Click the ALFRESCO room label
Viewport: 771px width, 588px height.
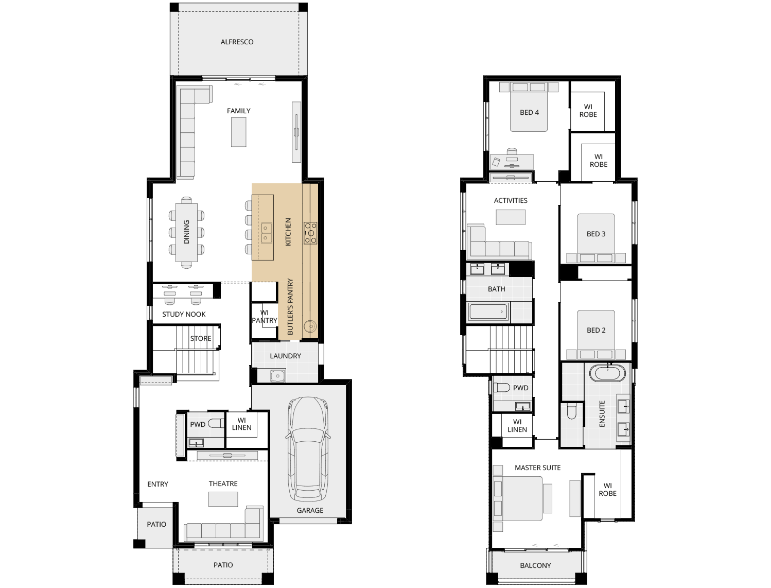coord(237,42)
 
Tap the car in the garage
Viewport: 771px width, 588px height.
coord(308,449)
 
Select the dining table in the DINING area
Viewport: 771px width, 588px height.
coord(186,233)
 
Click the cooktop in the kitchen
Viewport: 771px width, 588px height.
coord(310,233)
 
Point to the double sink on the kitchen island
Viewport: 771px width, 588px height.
coord(266,233)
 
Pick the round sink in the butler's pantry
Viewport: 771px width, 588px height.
coord(310,326)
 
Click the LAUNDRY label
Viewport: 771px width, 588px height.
coord(285,356)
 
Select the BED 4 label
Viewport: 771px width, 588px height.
coord(529,112)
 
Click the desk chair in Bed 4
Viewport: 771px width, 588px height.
coord(512,152)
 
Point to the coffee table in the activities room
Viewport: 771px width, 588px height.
coord(511,217)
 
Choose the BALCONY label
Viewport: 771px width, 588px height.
coord(535,565)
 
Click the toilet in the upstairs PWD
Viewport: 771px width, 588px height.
coord(502,387)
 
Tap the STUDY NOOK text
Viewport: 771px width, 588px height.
coord(184,315)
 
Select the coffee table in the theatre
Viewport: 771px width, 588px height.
coord(223,499)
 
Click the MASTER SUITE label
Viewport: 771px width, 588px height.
coord(537,468)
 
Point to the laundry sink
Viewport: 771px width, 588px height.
coord(277,376)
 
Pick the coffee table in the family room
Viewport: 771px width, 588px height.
coord(238,132)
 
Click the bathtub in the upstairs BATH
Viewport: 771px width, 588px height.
coord(488,312)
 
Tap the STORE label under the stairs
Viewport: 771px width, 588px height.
coord(201,338)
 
